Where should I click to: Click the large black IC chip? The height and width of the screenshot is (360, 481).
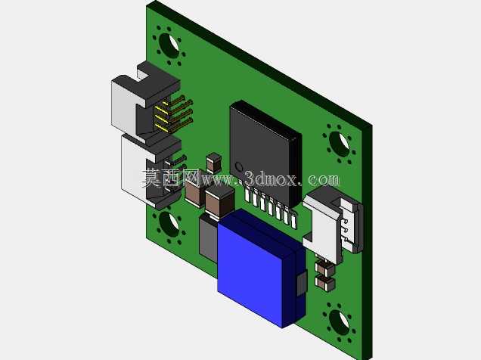tap(265, 154)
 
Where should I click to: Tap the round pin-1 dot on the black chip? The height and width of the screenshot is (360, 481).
tap(239, 167)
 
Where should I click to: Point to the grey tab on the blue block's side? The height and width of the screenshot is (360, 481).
tap(303, 284)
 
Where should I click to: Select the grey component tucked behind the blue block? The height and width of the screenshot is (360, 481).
tap(208, 238)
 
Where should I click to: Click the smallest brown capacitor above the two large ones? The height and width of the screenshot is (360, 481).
tap(214, 163)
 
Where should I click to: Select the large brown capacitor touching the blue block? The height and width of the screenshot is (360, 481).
tap(219, 203)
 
